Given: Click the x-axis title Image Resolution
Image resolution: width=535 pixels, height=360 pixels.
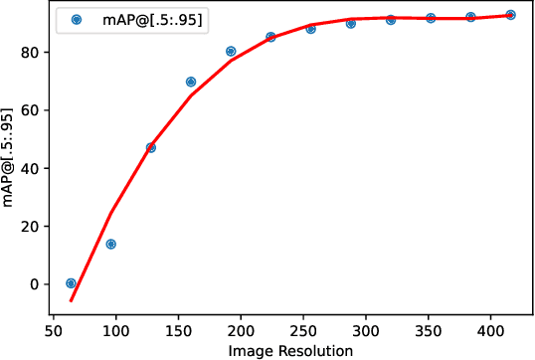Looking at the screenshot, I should [290, 350].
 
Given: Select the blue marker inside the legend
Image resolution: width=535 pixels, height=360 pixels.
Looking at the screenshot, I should [75, 19].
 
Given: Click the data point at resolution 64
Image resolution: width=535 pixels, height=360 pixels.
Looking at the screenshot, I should [71, 283].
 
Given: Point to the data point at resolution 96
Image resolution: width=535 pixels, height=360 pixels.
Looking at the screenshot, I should [111, 244].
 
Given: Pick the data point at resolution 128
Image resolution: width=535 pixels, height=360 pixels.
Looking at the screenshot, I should [151, 147].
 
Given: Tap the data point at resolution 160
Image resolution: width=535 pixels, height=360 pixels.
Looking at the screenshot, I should [191, 82].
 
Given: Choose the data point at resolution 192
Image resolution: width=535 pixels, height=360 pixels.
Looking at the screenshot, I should [231, 51].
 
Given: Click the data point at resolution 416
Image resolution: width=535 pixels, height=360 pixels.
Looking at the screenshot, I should [510, 15].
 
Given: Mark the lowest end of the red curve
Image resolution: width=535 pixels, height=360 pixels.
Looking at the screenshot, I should [71, 300].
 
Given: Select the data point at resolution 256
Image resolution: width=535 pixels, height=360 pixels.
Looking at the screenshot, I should [311, 29].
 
